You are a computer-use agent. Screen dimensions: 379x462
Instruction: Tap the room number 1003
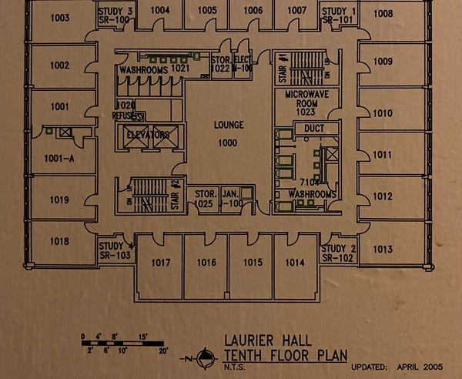pyautogui.click(x=60, y=18)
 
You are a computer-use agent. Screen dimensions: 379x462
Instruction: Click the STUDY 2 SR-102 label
pyautogui.click(x=337, y=253)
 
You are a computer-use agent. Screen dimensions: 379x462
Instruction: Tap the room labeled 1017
pyautogui.click(x=160, y=263)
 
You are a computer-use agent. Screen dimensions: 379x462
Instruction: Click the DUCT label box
pyautogui.click(x=313, y=127)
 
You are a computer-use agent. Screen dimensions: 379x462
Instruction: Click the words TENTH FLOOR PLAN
pyautogui.click(x=284, y=355)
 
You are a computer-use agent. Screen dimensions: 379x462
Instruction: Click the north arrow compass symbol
pyautogui.click(x=205, y=357)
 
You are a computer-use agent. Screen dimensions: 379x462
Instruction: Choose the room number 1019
pyautogui.click(x=60, y=200)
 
